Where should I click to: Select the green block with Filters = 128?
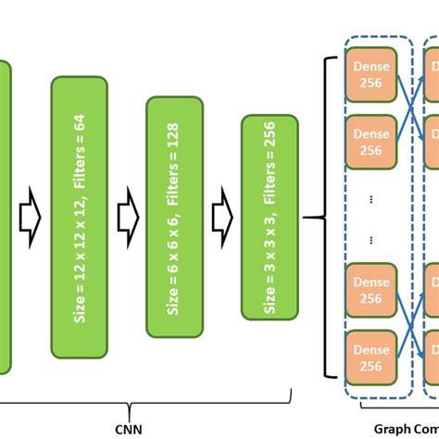[175, 217]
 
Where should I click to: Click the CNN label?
[129, 429]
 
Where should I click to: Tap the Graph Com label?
[406, 429]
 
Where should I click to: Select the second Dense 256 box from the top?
[371, 143]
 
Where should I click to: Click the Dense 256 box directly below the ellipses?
[371, 290]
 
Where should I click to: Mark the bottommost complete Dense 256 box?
[371, 357]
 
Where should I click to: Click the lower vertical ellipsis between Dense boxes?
[371, 238]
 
